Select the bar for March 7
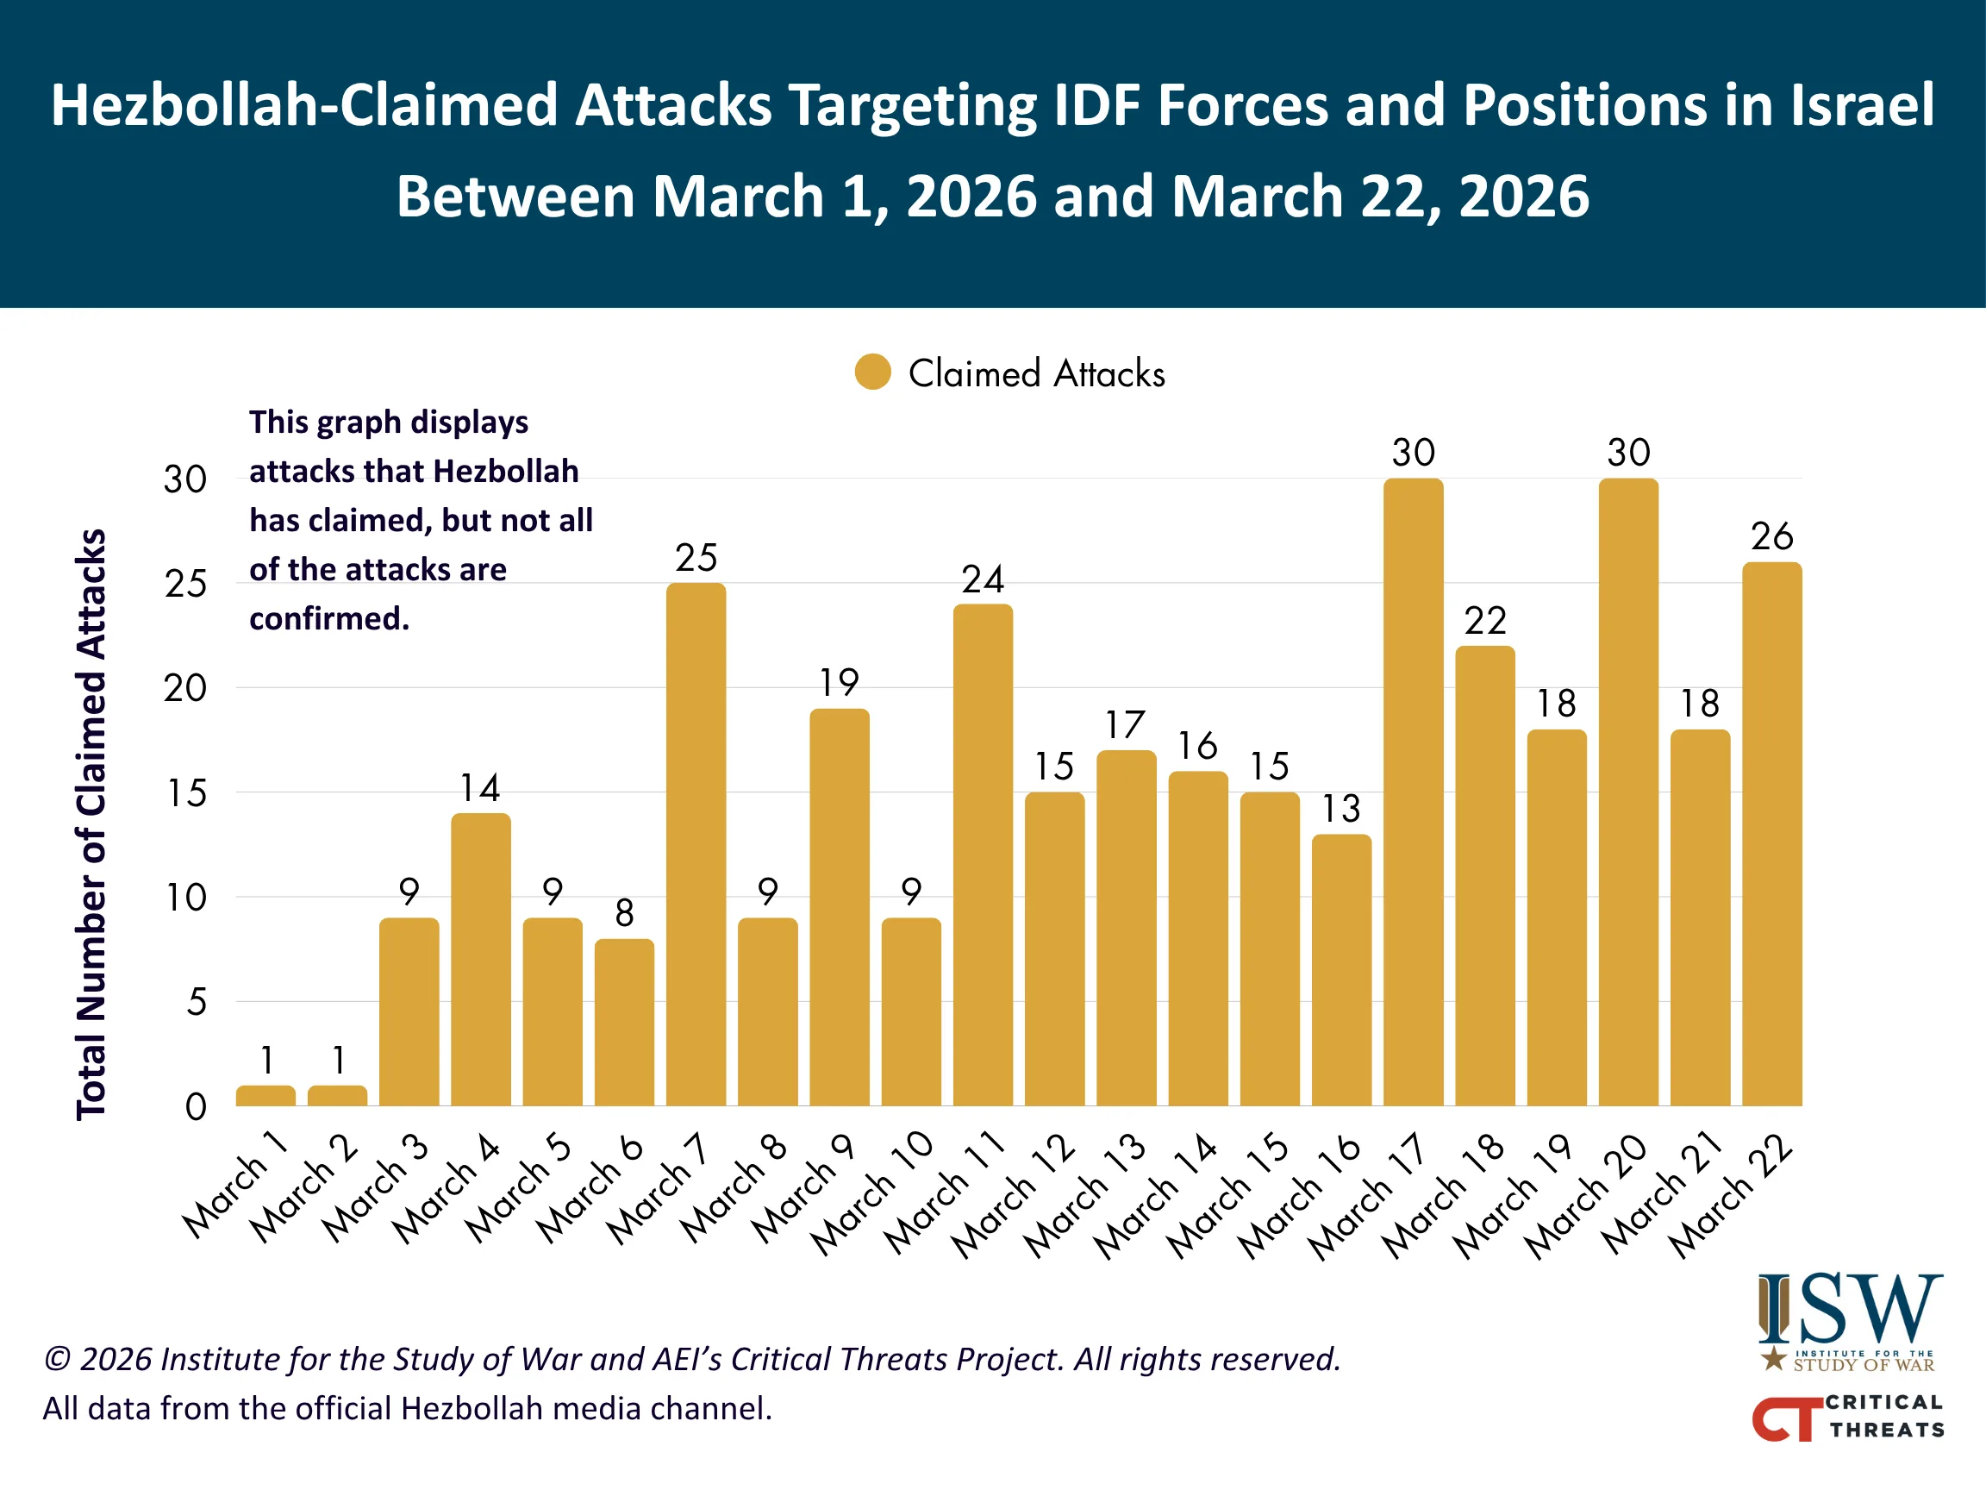click(x=696, y=844)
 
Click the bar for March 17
click(x=1413, y=791)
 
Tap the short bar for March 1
click(x=265, y=1095)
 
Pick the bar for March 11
click(x=984, y=854)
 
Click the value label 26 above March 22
click(x=1771, y=536)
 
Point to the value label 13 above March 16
click(x=1341, y=808)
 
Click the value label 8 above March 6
click(x=624, y=913)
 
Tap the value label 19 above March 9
click(x=840, y=683)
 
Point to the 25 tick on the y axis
click(x=186, y=584)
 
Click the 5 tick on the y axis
click(x=197, y=1002)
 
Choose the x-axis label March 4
click(x=447, y=1188)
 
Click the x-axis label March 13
click(x=1086, y=1196)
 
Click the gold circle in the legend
click(x=872, y=372)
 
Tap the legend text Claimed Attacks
click(x=1036, y=373)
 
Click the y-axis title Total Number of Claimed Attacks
click(x=91, y=823)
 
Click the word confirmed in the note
click(x=328, y=619)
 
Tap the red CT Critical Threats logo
click(x=1848, y=1418)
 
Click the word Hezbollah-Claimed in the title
click(x=304, y=105)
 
